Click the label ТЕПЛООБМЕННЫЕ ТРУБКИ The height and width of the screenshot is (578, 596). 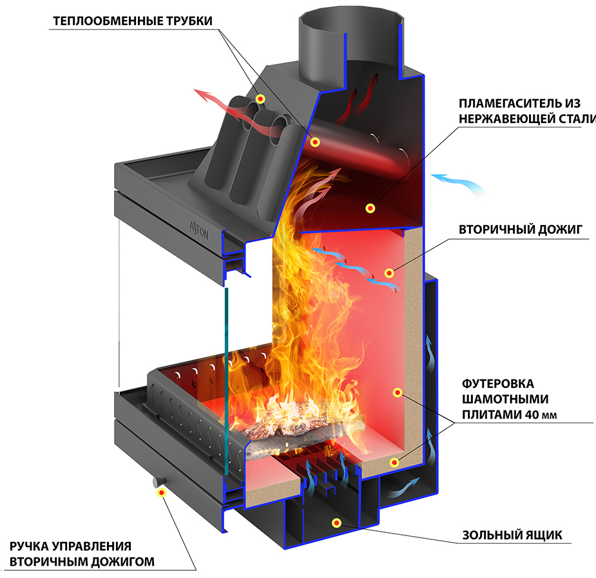pos(132,21)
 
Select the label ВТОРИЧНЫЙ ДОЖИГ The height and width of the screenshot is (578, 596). pos(521,229)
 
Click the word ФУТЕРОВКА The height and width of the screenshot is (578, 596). pos(498,384)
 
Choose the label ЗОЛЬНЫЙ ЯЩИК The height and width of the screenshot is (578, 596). pos(512,535)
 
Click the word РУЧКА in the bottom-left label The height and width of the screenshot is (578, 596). pos(29,546)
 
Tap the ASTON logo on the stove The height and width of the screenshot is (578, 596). pos(199,230)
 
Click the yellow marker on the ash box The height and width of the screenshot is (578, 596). pos(336,523)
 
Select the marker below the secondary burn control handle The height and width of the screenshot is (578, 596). pos(162,493)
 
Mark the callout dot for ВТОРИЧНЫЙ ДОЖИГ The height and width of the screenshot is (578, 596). pos(389,273)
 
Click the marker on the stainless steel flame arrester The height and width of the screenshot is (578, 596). pos(370,208)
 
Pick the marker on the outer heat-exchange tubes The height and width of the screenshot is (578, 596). pos(260,99)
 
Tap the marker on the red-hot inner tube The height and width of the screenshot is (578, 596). pos(314,142)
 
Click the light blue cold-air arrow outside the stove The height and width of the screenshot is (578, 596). pos(458,183)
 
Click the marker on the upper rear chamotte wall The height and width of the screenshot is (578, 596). pos(397,392)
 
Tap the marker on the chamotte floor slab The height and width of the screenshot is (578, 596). pos(394,463)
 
